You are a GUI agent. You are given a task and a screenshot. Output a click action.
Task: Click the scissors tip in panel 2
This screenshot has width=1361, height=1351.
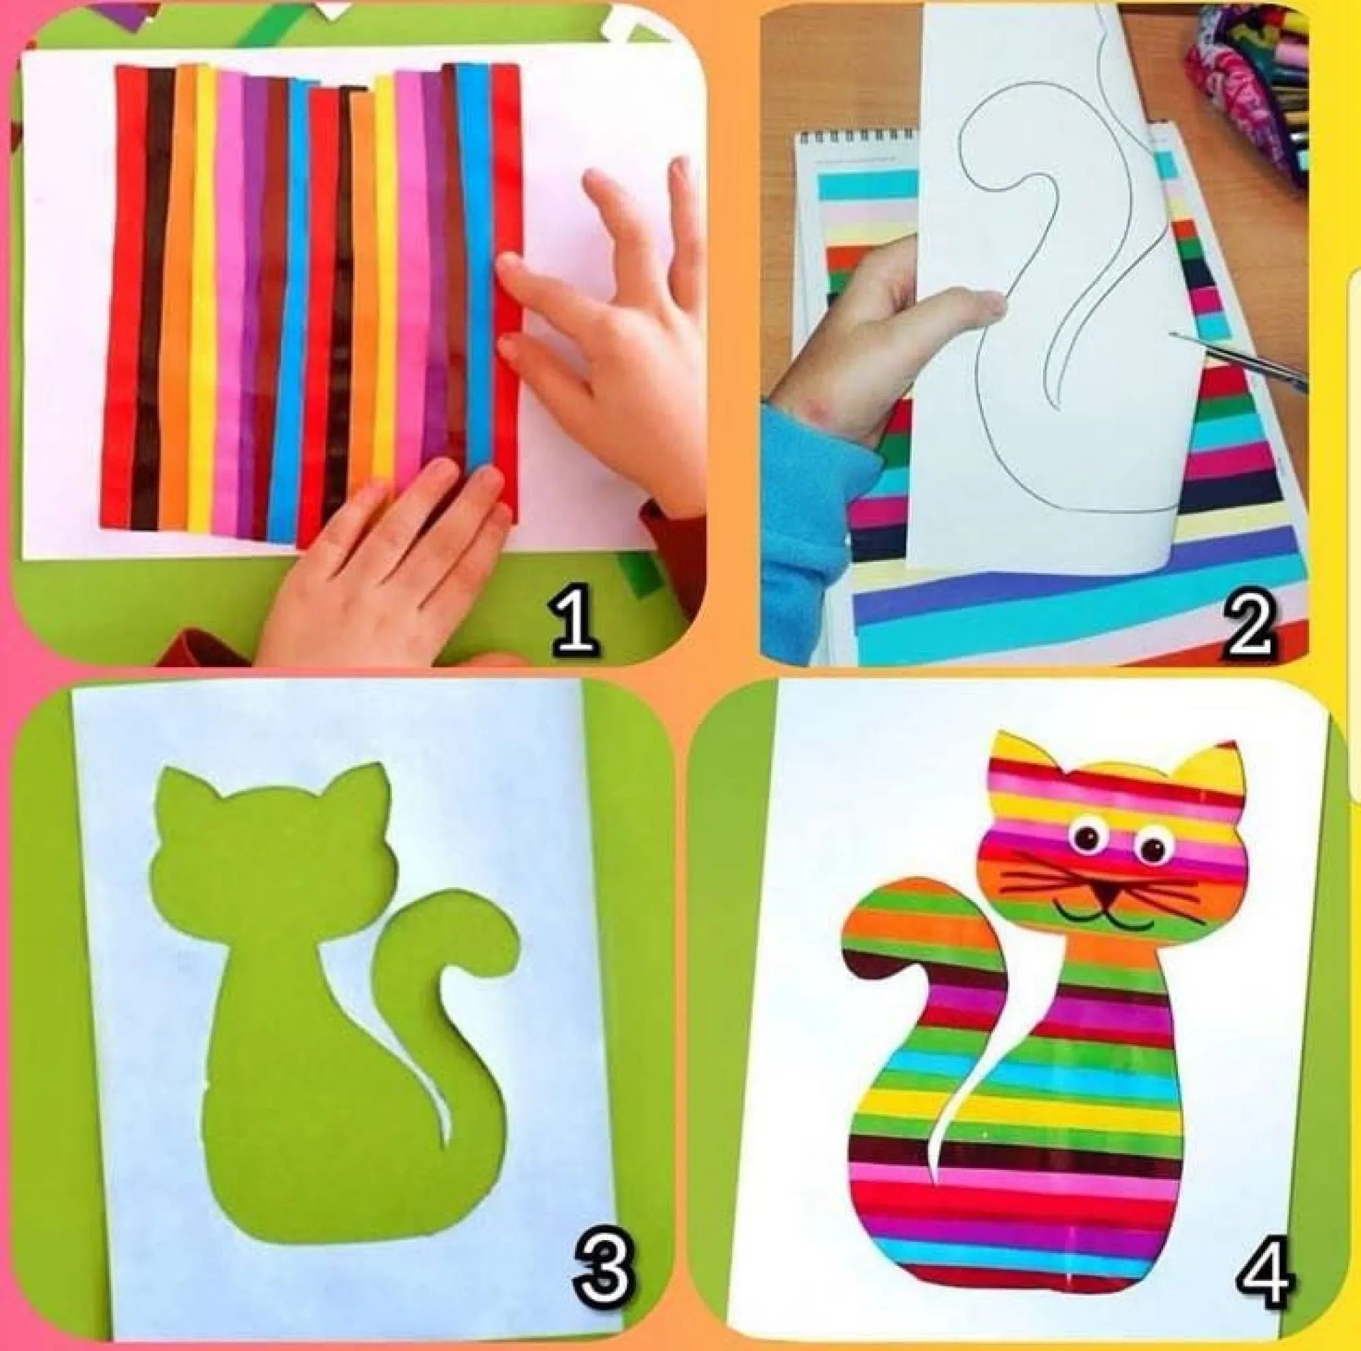point(1174,334)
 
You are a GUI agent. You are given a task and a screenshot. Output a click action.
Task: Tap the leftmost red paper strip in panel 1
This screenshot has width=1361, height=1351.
point(123,296)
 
